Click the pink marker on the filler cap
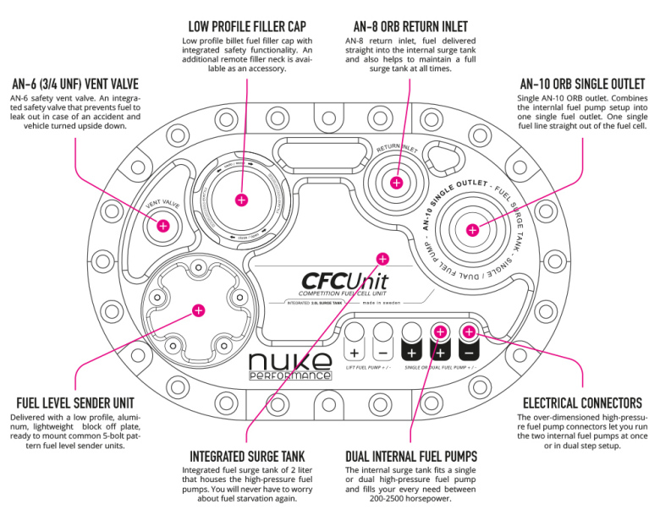pos(241,200)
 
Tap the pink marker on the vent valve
pos(163,226)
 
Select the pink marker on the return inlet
pos(398,181)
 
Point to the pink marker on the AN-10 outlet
pos(472,229)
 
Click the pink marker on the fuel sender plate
pos(198,310)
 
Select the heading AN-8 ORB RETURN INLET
pos(410,27)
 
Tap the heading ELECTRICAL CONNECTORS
pos(583,403)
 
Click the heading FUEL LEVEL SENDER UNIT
pos(74,403)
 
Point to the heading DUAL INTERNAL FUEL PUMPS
pos(411,456)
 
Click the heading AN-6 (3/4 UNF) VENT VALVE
pos(74,85)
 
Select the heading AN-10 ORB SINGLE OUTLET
pos(582,85)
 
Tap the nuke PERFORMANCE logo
pos(289,365)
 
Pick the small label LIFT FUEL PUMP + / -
pos(368,369)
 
